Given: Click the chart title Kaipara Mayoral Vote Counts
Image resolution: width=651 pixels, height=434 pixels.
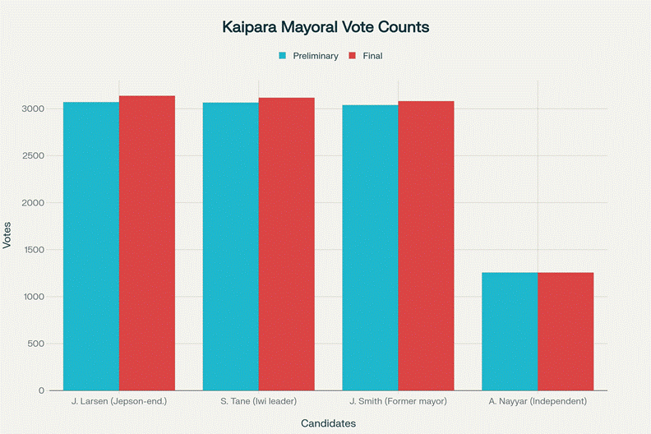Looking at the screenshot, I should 325,27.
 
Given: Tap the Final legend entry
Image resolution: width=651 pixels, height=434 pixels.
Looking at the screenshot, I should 366,56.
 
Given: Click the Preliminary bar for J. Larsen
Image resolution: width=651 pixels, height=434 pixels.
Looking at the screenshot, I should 91,246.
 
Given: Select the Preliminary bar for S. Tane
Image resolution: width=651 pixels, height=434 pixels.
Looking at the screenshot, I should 231,246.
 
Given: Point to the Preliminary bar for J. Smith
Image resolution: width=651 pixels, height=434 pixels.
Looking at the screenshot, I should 370,247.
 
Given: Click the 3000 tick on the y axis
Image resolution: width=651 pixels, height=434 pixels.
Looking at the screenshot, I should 33,108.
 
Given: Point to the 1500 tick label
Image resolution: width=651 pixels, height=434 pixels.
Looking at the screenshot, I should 33,250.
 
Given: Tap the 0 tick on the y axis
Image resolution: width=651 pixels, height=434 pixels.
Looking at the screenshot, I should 41,390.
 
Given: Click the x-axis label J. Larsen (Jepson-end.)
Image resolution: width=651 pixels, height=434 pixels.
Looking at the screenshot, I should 119,401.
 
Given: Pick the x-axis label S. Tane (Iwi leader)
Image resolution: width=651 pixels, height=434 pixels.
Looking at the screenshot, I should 259,401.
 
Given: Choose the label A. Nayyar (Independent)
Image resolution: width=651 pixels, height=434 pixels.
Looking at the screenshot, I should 538,401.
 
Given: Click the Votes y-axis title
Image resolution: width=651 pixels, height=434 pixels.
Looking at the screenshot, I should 7,235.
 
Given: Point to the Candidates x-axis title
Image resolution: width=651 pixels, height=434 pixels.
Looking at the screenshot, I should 328,423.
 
